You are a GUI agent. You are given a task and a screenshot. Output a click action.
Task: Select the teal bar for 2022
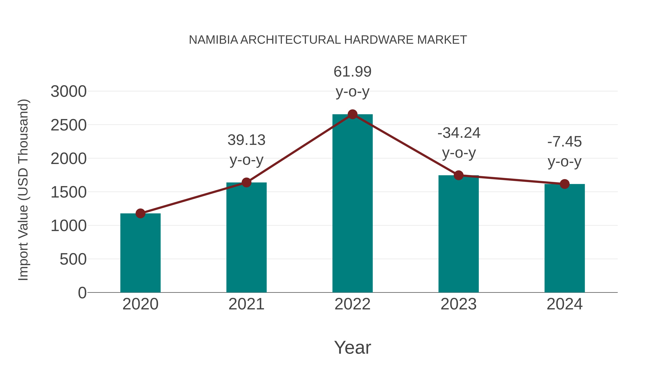352,204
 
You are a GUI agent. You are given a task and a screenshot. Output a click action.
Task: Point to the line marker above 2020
140,213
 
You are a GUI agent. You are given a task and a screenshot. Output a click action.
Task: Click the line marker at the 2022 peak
352,114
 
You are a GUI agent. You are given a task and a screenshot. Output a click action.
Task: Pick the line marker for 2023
458,175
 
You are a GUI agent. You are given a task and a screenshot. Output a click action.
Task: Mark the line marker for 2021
246,182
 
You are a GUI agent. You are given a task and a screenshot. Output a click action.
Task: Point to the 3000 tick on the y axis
69,92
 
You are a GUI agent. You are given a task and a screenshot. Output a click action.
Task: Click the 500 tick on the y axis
73,259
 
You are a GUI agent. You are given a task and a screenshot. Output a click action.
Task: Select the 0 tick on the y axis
82,293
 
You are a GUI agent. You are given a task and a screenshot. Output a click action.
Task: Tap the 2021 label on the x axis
246,304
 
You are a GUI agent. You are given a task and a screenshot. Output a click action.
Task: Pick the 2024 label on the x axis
565,304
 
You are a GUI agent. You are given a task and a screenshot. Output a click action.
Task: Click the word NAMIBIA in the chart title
213,40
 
